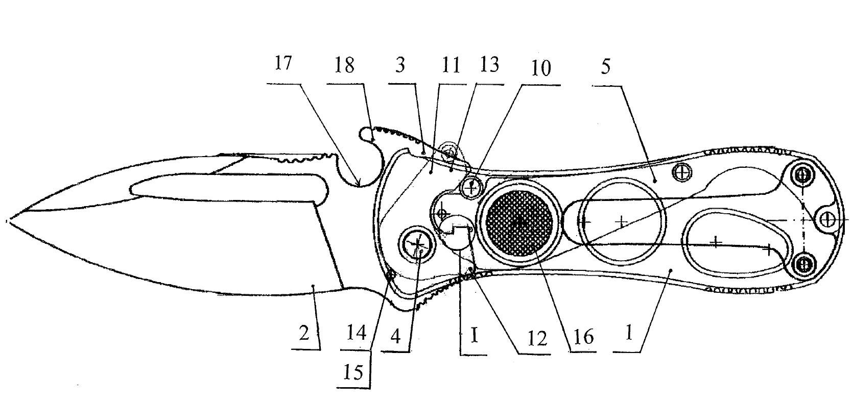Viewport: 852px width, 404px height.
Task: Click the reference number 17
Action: pos(283,63)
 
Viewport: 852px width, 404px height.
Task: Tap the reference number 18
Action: pos(345,65)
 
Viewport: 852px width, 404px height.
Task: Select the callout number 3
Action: pos(400,65)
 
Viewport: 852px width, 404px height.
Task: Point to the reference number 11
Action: pos(451,65)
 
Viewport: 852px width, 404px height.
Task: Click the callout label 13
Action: pos(489,65)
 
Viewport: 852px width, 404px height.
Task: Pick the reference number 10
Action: pos(541,68)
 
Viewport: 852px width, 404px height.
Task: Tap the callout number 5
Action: pos(606,66)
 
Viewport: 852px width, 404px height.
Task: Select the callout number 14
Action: pos(357,333)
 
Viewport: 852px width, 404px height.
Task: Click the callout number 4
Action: pos(395,336)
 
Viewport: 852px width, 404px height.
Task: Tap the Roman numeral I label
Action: pos(474,336)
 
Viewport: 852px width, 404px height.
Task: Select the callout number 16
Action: pos(583,337)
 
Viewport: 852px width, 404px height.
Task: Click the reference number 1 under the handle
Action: pos(629,333)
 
